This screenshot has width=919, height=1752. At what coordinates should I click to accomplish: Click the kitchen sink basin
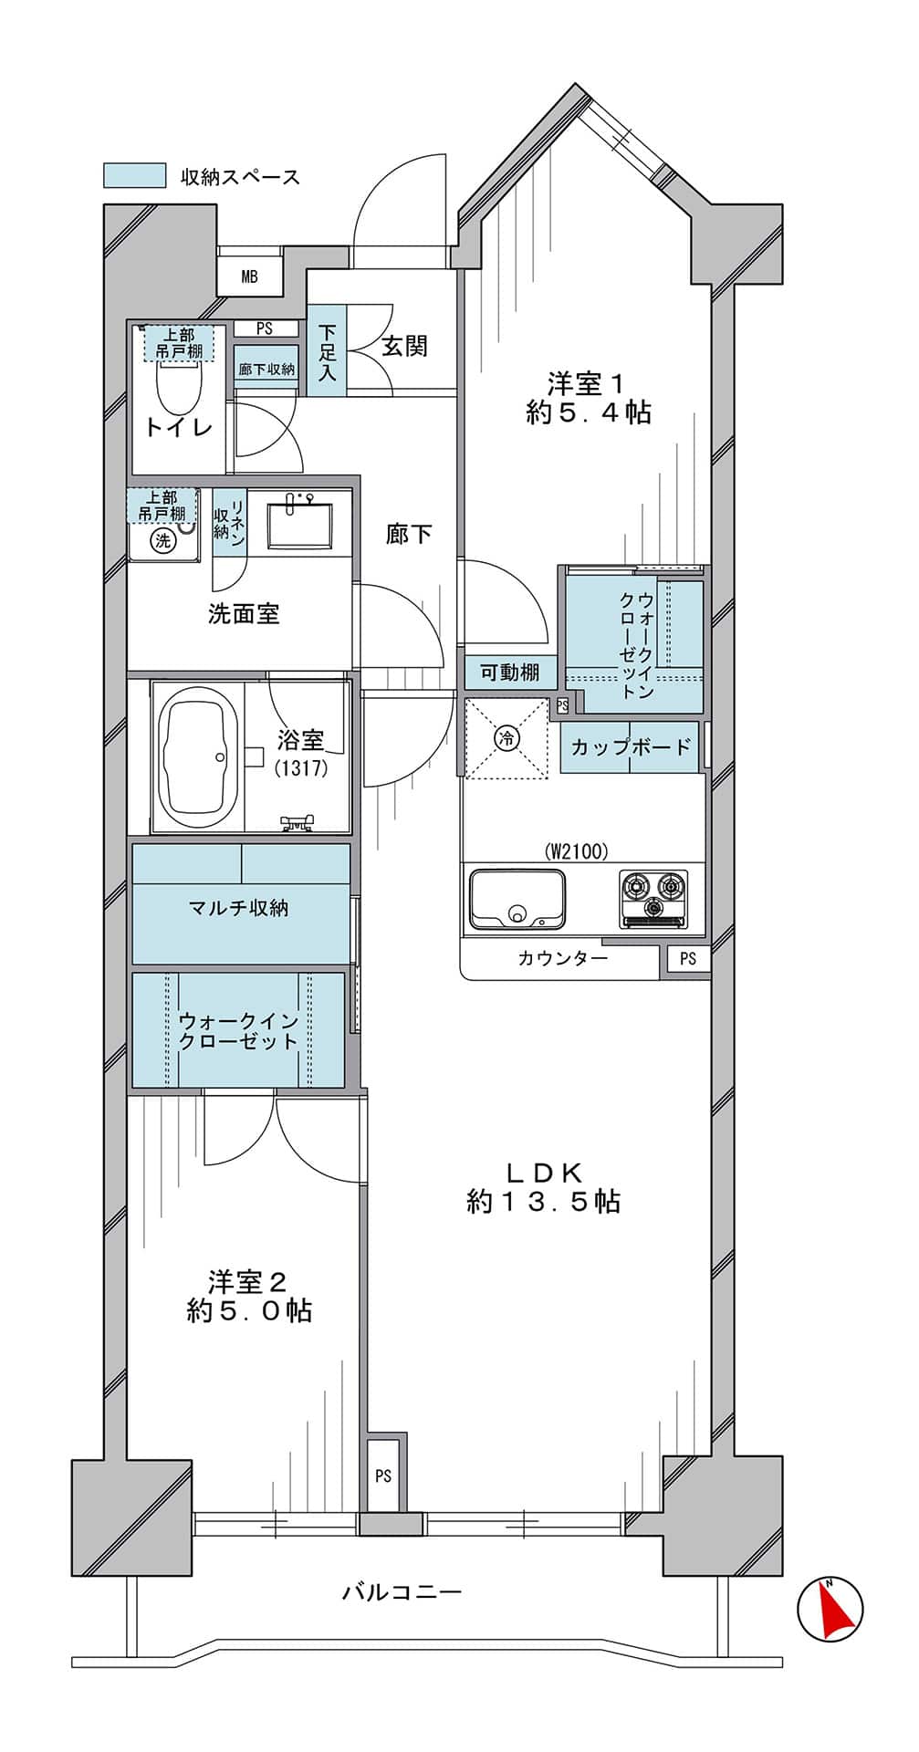coord(516,899)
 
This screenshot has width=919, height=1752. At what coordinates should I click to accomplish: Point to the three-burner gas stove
coord(653,898)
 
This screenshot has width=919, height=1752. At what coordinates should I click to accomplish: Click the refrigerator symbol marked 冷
coord(506,737)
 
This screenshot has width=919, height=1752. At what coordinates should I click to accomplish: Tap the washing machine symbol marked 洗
coord(163,540)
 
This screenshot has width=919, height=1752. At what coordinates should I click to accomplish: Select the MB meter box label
coord(249,276)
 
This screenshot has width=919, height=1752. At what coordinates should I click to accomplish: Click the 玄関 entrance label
coord(403,347)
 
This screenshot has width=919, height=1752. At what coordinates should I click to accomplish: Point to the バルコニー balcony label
coord(402,1592)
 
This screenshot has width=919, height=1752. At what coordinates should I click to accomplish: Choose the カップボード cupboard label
coord(631,747)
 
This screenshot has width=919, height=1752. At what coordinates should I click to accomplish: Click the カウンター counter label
coord(562,958)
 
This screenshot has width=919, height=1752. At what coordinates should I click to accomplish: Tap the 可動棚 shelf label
coord(510,673)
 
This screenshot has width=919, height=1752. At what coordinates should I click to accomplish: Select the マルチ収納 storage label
coord(238,908)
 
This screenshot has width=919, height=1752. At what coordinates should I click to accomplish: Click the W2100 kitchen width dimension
coord(577,852)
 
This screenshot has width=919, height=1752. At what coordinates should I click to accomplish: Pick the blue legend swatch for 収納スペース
coord(134,175)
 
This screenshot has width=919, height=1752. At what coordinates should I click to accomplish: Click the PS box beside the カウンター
coord(687,958)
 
